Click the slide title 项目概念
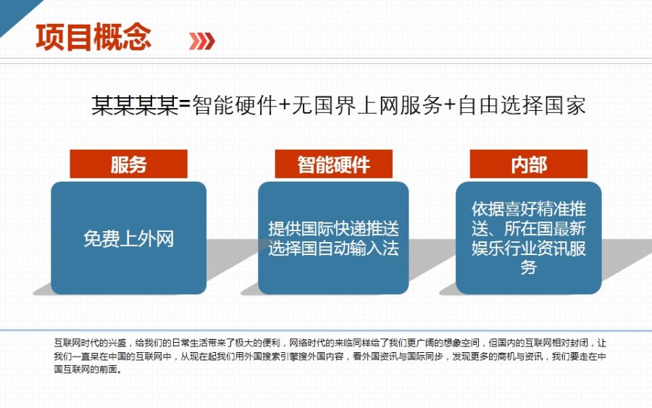tap(93, 37)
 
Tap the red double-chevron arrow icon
tap(201, 41)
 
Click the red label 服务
tap(128, 165)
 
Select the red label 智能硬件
tap(333, 165)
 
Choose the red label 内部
tap(528, 165)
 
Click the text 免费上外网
tap(128, 238)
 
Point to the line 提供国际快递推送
tap(333, 229)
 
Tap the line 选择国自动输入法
tap(333, 249)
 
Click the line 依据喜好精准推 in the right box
tap(528, 209)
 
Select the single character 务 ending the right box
tap(528, 268)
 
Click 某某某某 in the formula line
tap(134, 107)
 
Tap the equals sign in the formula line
tap(184, 107)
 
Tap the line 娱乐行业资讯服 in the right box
tap(528, 249)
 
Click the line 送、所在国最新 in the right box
tap(528, 229)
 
